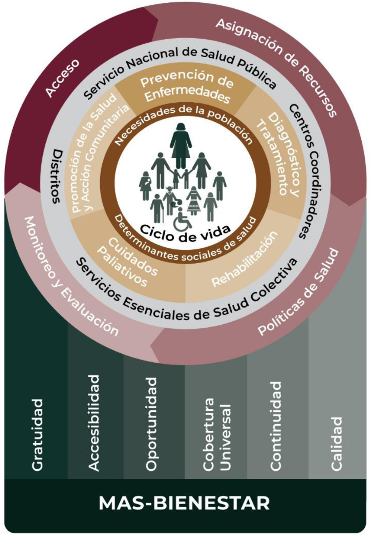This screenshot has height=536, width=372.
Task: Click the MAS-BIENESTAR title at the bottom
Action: click(x=184, y=503)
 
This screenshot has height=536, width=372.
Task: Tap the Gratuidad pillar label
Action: click(x=37, y=435)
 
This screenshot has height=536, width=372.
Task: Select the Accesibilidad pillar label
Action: click(x=94, y=423)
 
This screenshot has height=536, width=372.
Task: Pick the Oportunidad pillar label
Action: click(x=151, y=424)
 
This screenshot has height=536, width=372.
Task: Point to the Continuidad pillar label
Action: click(x=276, y=426)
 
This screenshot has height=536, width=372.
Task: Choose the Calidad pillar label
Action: click(x=336, y=444)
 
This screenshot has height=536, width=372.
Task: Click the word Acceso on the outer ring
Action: click(x=62, y=78)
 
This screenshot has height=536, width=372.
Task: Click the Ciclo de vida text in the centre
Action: click(x=185, y=232)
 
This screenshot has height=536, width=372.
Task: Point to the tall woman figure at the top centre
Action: click(x=181, y=144)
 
